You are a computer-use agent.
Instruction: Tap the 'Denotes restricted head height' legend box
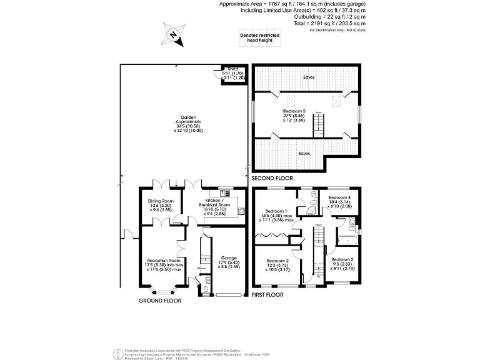point(259,39)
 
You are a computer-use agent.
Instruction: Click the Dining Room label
point(160,205)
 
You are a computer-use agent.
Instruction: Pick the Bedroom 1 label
point(276,215)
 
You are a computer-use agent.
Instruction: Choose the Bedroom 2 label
point(277,265)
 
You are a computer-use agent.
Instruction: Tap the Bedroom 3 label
point(342,263)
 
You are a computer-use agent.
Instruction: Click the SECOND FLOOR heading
point(272,179)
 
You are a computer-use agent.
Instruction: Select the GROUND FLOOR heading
point(160,301)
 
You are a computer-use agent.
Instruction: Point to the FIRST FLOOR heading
point(267,295)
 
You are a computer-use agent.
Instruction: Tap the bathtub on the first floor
point(346,241)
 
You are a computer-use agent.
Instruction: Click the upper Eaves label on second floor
point(306,78)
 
